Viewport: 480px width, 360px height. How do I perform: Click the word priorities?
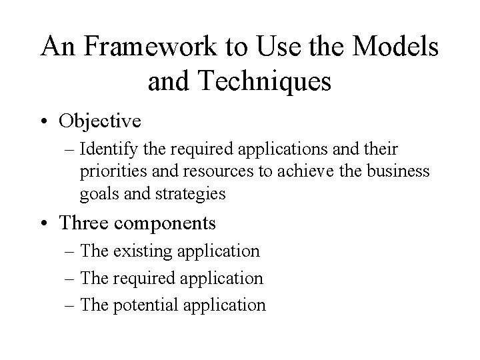(109, 172)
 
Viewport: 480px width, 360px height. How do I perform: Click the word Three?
(81, 223)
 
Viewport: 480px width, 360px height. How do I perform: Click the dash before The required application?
(71, 278)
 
